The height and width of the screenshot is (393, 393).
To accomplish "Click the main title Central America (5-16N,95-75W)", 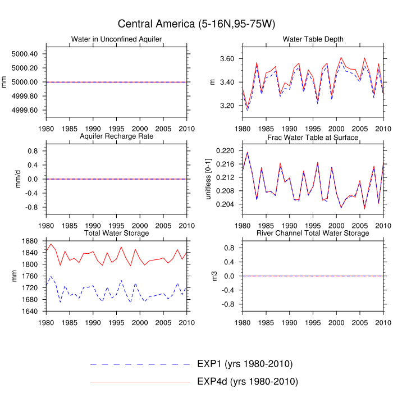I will coord(196,24).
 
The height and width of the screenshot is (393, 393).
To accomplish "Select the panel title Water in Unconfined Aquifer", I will coord(117,39).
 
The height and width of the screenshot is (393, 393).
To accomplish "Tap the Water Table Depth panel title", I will coord(313,39).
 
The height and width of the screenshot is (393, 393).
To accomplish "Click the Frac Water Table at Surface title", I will coord(313,138).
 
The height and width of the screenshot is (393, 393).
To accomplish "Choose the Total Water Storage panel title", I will coord(117,233).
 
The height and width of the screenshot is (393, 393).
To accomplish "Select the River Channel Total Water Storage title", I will coord(313,233).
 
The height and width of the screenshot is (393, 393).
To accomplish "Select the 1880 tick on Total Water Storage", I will coord(30,241).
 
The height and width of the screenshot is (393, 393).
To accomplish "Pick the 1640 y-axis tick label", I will coord(30,312).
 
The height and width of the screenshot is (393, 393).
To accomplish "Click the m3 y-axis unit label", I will coord(212,276).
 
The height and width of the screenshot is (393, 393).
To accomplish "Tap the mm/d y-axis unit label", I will coord(18,179).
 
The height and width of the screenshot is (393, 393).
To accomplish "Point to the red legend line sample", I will coord(140,382).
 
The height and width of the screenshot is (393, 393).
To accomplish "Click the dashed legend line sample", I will coord(140,364).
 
